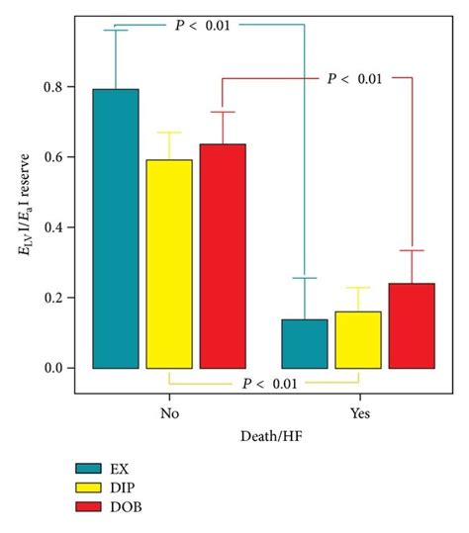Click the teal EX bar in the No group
click(116, 228)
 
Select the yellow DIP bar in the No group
click(169, 263)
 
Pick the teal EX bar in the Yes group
click(305, 343)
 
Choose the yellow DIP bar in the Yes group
click(358, 339)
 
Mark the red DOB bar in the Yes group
click(412, 325)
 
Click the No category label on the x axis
click(169, 415)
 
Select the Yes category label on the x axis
click(357, 415)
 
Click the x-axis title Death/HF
click(263, 436)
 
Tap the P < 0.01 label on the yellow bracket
click(264, 385)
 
